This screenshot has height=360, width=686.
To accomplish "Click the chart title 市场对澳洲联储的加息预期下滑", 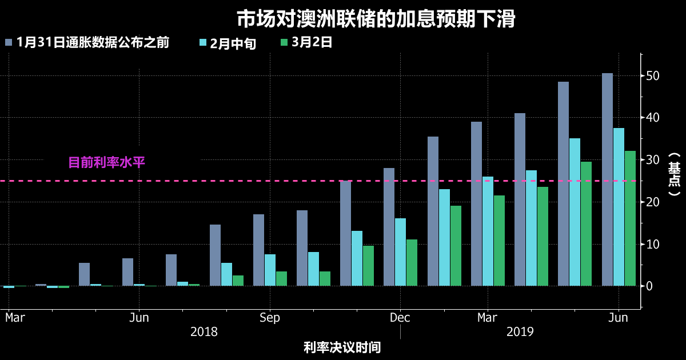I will pyautogui.click(x=376, y=19).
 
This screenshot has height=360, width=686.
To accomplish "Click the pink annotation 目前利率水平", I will pyautogui.click(x=106, y=162).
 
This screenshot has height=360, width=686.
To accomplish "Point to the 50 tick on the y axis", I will pyautogui.click(x=653, y=76).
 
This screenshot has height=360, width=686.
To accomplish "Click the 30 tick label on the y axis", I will pyautogui.click(x=653, y=160).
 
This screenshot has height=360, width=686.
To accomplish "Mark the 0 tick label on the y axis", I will pyautogui.click(x=649, y=286).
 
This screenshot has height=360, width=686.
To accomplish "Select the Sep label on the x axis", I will pyautogui.click(x=270, y=318).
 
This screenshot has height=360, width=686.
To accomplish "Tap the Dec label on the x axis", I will pyautogui.click(x=400, y=318).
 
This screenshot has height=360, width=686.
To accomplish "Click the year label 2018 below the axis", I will pyautogui.click(x=204, y=332).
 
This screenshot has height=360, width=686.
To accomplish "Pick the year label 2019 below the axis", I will pyautogui.click(x=520, y=332).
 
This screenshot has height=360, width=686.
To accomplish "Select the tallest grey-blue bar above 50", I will pyautogui.click(x=607, y=179).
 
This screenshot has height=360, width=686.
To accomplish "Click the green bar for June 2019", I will pyautogui.click(x=630, y=218).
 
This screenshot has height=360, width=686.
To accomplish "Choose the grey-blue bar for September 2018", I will pyautogui.click(x=259, y=250).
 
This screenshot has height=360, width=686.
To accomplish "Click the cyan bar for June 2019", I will pyautogui.click(x=619, y=207).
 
